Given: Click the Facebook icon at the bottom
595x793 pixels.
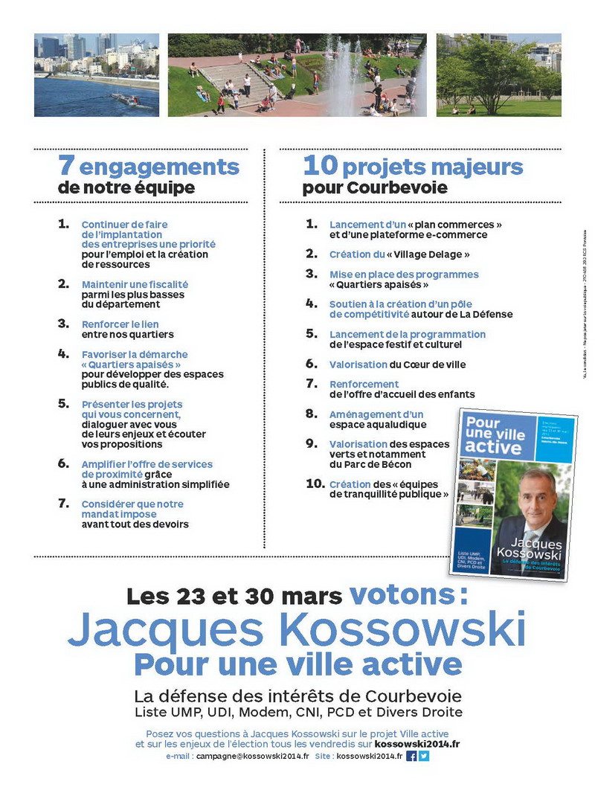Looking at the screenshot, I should point(411,756).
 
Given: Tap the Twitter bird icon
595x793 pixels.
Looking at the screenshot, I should point(424,756).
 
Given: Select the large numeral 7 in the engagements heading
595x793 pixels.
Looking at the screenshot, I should point(65,166).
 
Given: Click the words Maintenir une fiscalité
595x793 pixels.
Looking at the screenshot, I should point(135,284).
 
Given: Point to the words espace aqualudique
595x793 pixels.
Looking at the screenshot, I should point(378,424).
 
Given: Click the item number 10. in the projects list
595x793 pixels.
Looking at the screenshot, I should point(315,484).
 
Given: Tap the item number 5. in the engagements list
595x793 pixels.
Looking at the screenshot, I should point(63,403).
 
